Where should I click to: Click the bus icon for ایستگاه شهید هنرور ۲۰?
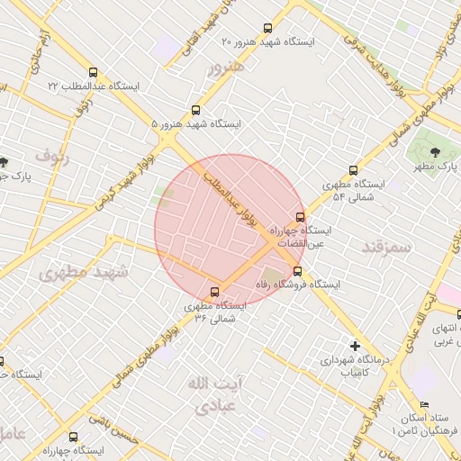click(x=266, y=28)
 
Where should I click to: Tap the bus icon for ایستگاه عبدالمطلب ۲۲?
click(x=94, y=72)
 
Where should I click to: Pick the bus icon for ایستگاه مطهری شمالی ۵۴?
click(x=353, y=169)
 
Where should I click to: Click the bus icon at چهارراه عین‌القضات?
click(x=301, y=216)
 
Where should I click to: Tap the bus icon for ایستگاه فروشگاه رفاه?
click(x=298, y=271)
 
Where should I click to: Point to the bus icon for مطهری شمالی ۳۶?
click(x=214, y=292)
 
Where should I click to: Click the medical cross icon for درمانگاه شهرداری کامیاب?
click(x=356, y=346)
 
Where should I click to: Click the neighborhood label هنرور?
click(x=226, y=69)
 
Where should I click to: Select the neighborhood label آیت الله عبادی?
click(x=210, y=394)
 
